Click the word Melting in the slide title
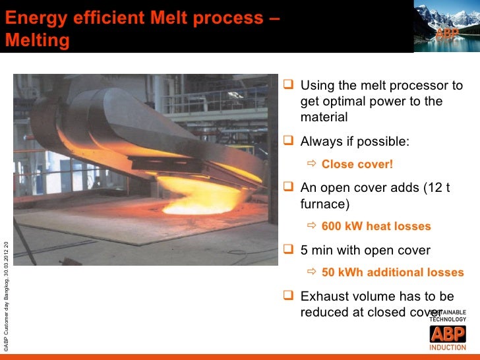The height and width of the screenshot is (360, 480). pyautogui.click(x=38, y=41)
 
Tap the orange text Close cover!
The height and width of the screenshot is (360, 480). pyautogui.click(x=357, y=165)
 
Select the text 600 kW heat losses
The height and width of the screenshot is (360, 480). pyautogui.click(x=376, y=227)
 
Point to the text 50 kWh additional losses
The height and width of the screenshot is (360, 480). pyautogui.click(x=392, y=273)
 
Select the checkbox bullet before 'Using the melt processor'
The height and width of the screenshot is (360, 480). pyautogui.click(x=287, y=86)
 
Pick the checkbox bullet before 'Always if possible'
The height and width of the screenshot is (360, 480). pyautogui.click(x=287, y=142)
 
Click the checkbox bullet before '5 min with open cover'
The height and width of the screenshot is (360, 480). pyautogui.click(x=287, y=251)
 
